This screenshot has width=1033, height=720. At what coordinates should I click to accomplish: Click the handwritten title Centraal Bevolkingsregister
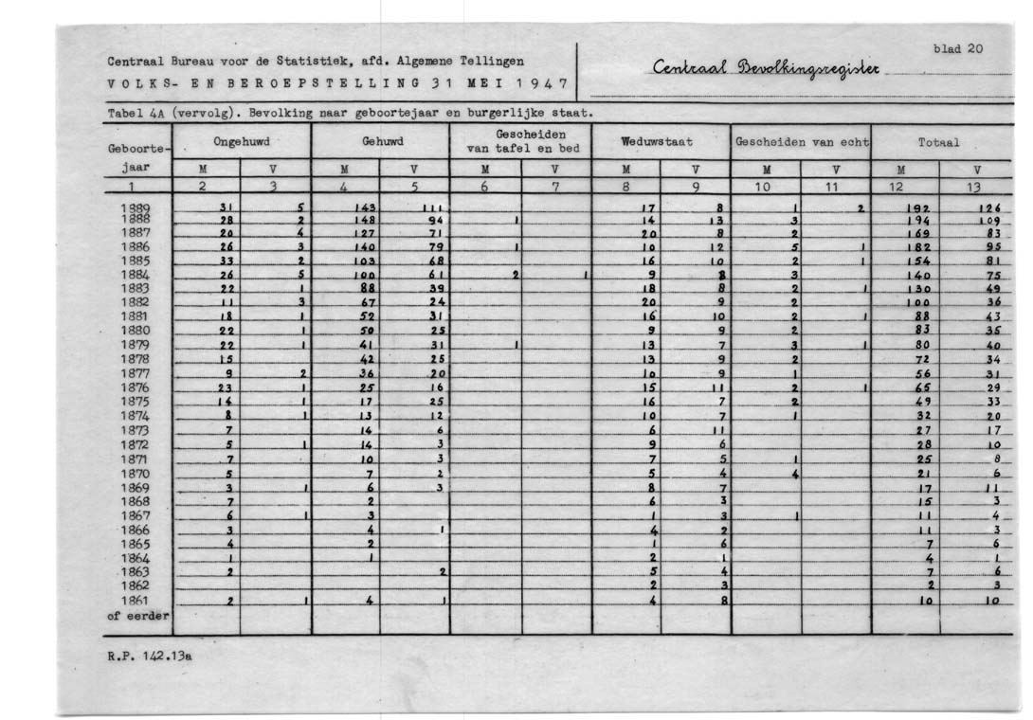coord(767,70)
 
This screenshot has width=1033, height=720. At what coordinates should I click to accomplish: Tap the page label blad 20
coord(958,48)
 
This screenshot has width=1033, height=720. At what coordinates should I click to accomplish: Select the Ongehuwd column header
coord(241,141)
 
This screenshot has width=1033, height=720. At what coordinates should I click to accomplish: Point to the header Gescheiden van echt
coord(801,141)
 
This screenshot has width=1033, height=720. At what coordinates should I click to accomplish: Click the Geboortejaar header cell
coord(137,155)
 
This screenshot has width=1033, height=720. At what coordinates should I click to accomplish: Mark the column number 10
coord(765,188)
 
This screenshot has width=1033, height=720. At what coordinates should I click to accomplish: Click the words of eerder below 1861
coord(137,616)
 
